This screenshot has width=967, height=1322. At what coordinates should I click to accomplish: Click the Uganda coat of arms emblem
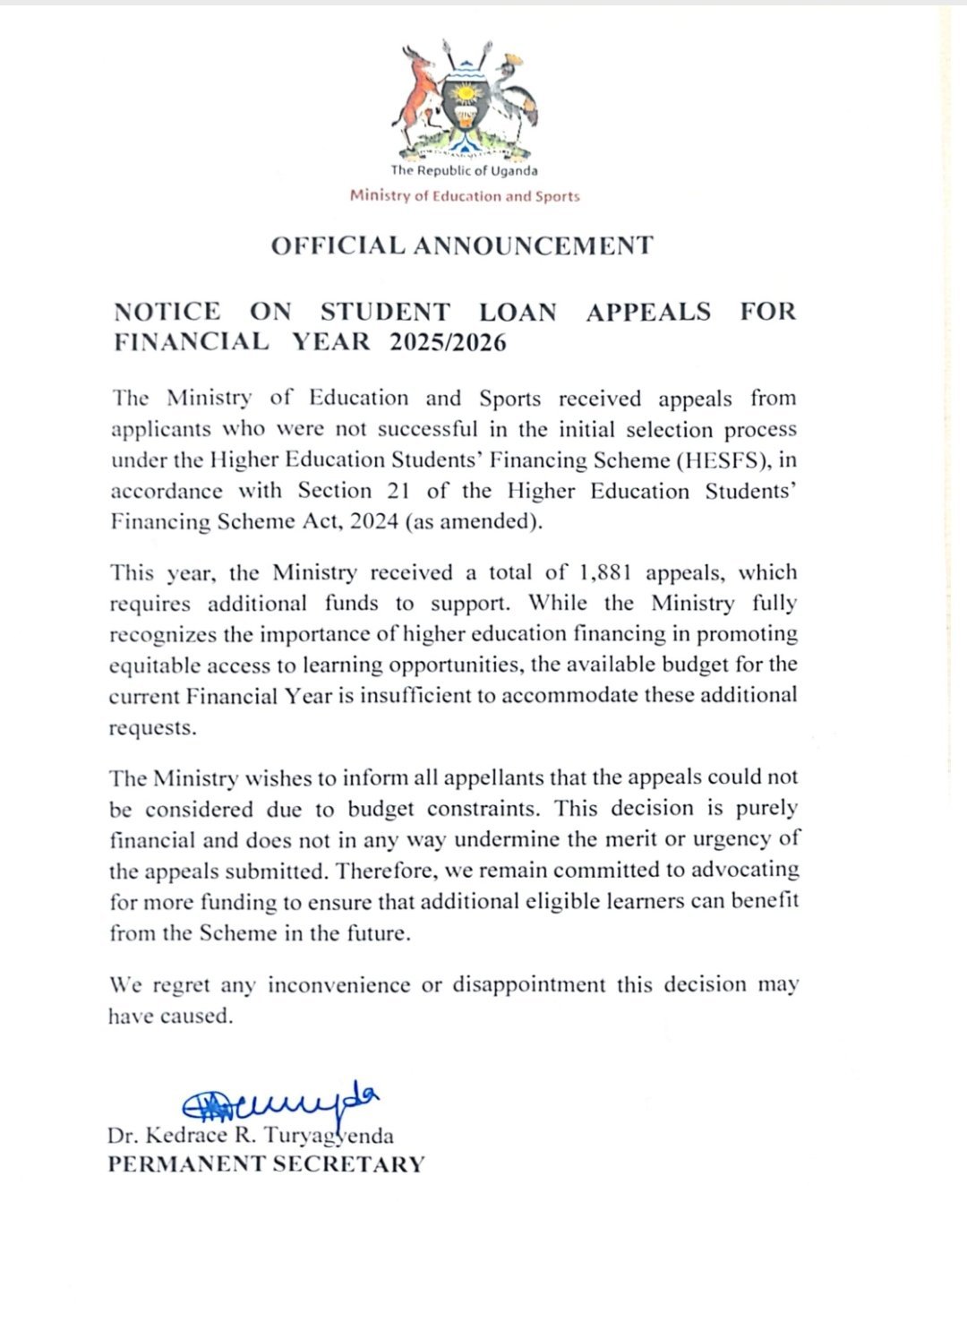[465, 99]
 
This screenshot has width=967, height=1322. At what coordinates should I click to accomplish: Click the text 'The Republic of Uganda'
[464, 171]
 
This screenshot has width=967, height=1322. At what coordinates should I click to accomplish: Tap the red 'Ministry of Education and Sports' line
[465, 196]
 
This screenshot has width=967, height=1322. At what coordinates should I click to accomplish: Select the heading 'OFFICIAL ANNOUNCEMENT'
[462, 245]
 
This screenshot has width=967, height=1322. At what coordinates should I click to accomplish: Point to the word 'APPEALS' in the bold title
[648, 312]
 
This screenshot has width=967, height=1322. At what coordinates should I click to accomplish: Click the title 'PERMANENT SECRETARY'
[266, 1164]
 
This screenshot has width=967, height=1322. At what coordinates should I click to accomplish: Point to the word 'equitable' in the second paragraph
[155, 665]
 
